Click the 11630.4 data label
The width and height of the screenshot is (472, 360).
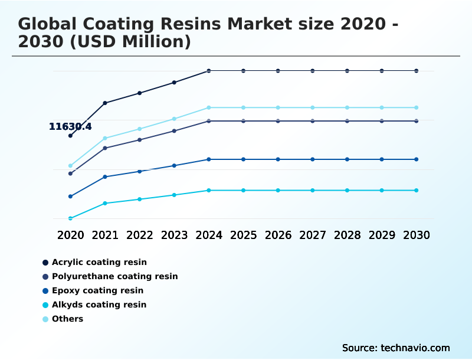[70, 126]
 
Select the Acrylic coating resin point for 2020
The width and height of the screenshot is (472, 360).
[70, 136]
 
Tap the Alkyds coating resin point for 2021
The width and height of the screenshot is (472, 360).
[105, 203]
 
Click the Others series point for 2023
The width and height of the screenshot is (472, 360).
[174, 119]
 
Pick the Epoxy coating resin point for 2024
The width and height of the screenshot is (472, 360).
[209, 159]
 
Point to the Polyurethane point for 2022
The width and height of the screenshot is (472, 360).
[140, 140]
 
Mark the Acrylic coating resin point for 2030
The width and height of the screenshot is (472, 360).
[417, 71]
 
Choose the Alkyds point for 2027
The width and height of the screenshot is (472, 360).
[313, 190]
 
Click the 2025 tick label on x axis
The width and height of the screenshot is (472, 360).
[243, 235]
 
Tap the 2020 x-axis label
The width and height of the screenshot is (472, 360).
[70, 235]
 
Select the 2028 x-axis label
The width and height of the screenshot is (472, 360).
[347, 235]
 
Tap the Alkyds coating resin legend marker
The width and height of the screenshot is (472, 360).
[45, 305]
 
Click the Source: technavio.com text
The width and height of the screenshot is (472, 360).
[396, 348]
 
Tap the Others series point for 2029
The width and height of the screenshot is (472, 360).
[382, 107]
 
